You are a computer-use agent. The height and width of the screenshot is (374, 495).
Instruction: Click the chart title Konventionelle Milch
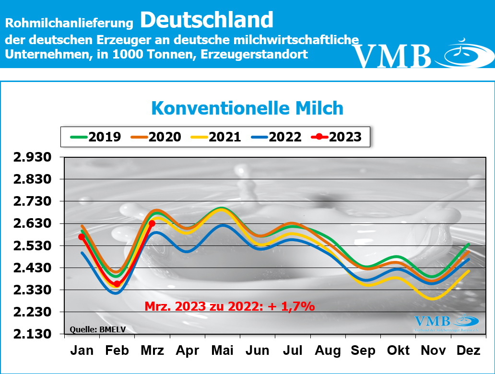point(247,108)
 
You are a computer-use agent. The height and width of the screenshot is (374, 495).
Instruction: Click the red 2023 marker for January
point(82,237)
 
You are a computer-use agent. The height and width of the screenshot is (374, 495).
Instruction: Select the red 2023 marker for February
point(117,284)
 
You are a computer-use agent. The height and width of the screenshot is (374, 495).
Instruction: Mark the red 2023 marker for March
point(152,223)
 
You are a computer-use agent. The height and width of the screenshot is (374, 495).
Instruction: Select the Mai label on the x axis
point(223,351)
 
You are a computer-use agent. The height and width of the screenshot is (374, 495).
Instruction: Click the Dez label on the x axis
point(469,351)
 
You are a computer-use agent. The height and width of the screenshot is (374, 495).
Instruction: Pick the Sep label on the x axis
point(363,351)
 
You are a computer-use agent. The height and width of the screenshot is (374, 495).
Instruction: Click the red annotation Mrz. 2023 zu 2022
point(229,306)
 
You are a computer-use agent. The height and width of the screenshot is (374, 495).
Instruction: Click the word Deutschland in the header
point(207,20)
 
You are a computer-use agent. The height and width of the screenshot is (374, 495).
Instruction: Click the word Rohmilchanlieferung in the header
point(69,23)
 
